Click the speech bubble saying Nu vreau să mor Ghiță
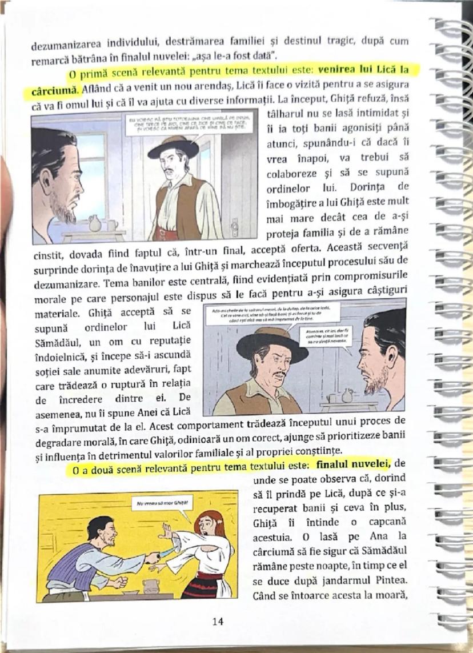tap(162, 504)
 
